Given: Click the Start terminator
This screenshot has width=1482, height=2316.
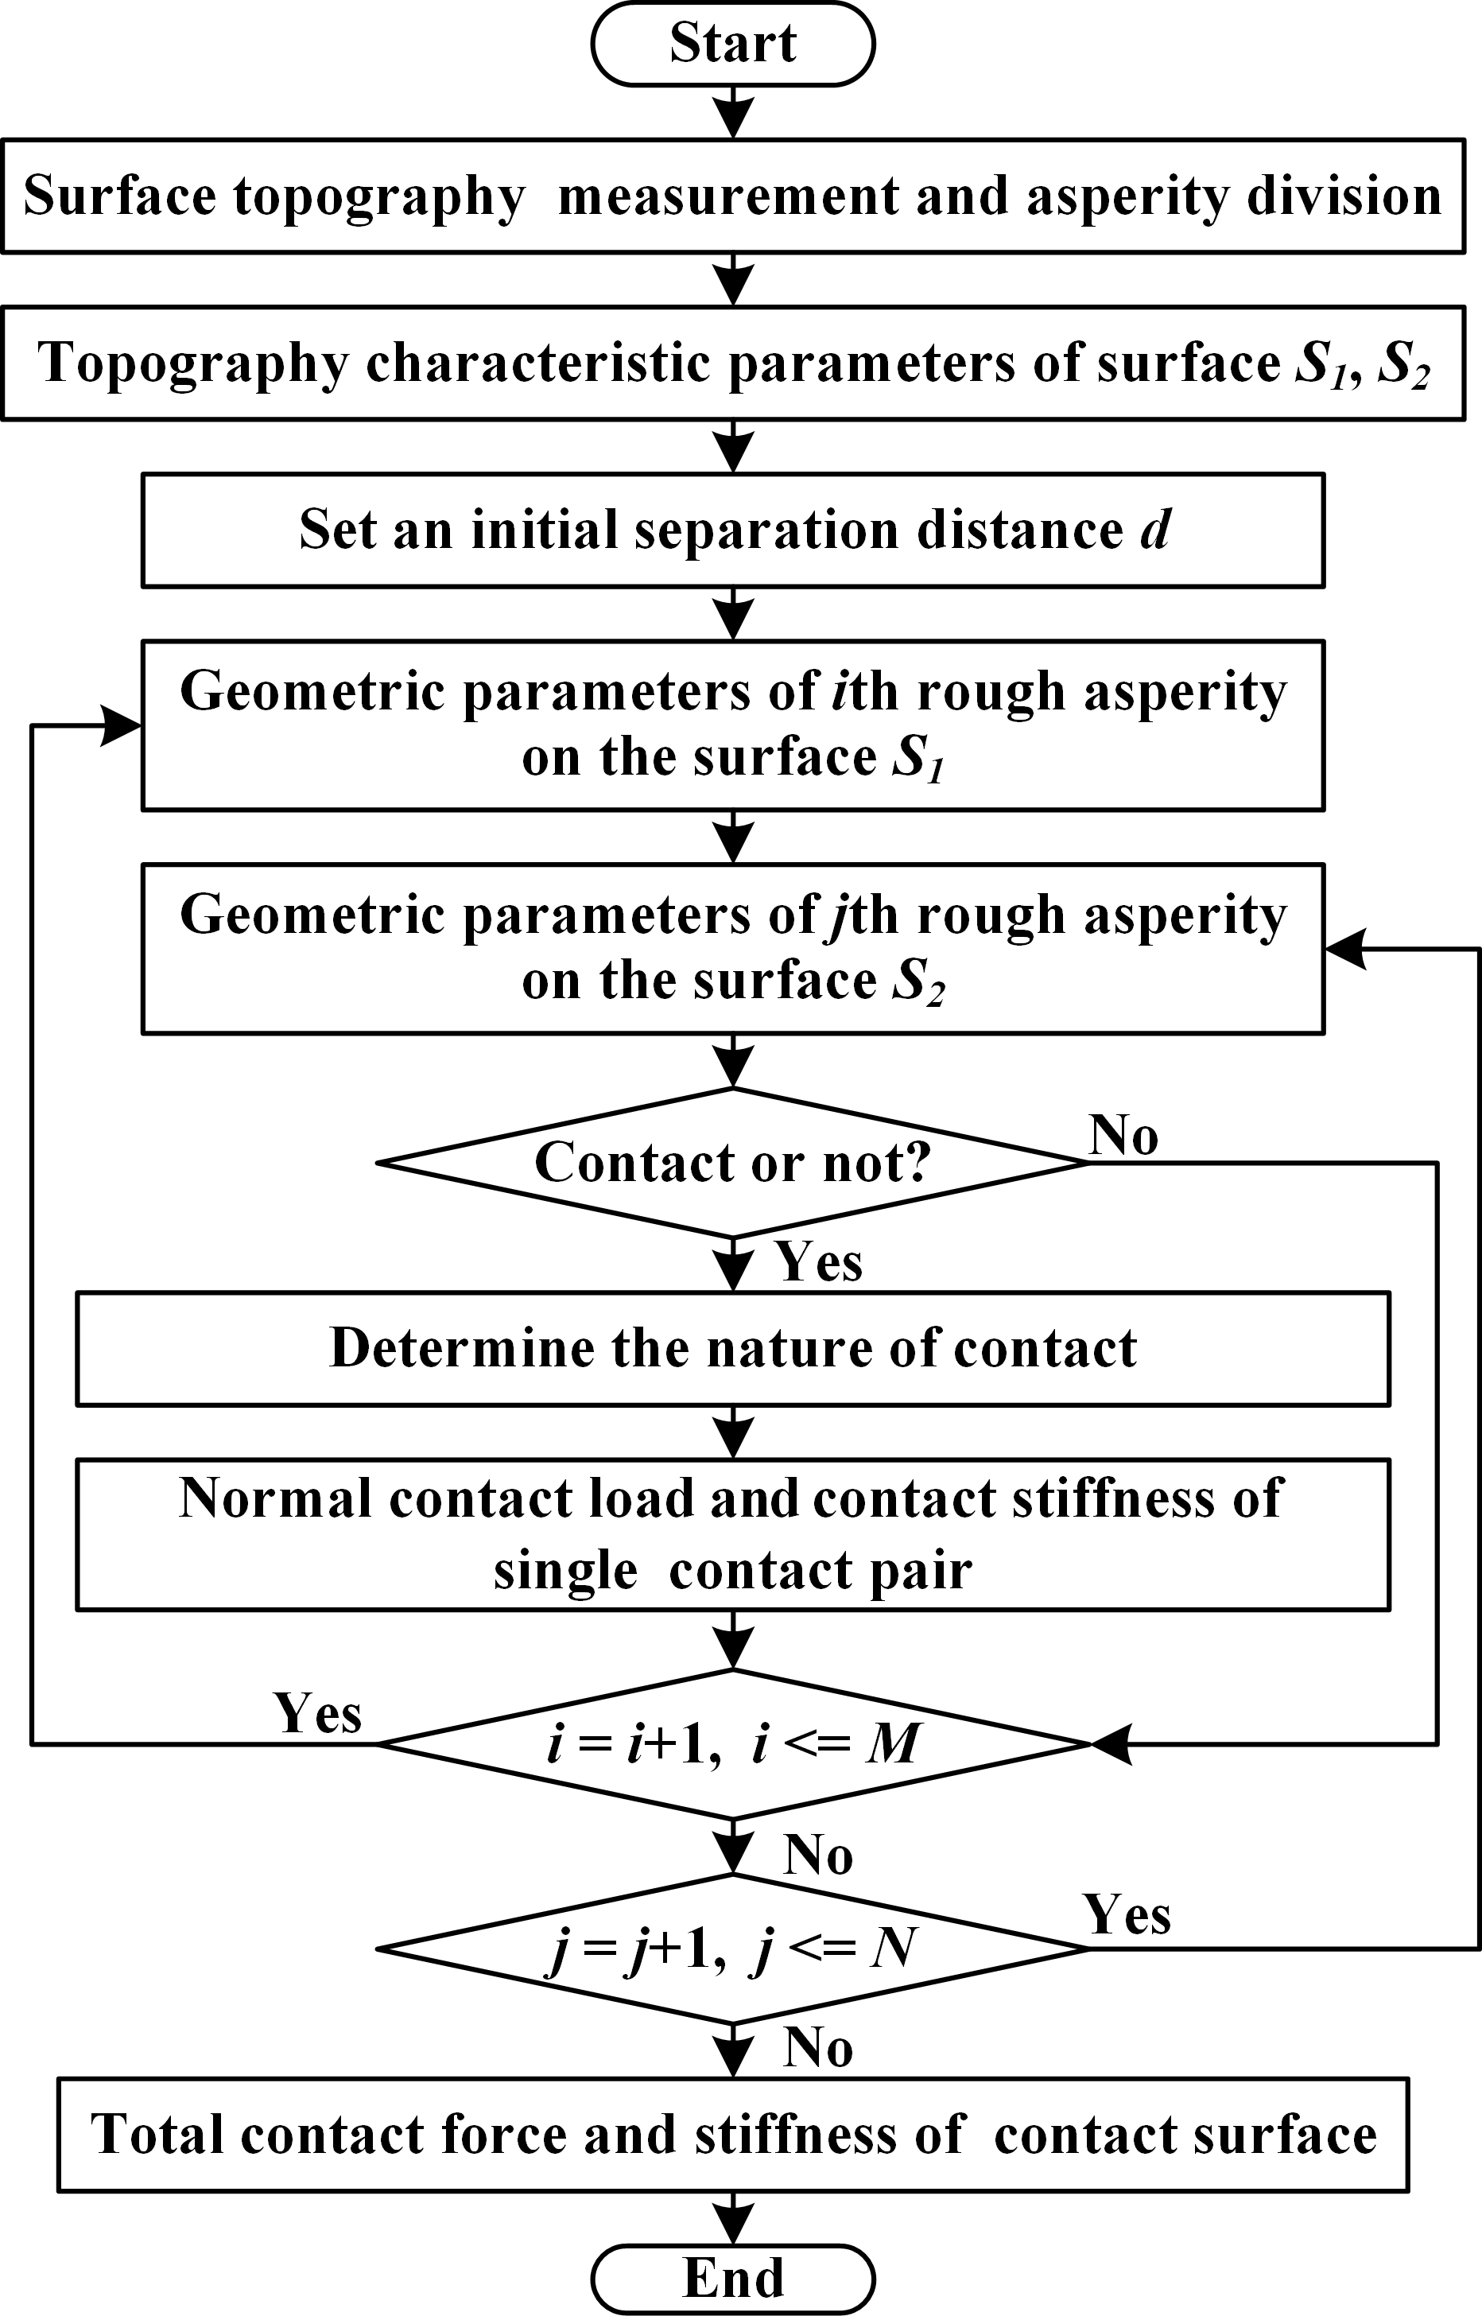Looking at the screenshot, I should point(732,45).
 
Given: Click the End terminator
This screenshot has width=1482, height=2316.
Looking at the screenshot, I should point(732,2279).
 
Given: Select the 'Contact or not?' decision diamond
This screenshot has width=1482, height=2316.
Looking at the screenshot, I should point(732,1163).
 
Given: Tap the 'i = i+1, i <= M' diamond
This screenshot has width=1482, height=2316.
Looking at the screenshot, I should point(732,1744).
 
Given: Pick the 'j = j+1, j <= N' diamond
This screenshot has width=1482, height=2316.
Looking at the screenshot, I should point(732,1949).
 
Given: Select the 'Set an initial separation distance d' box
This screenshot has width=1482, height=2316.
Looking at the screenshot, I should point(732,530).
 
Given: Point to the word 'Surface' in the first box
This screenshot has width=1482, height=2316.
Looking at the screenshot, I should point(119,196).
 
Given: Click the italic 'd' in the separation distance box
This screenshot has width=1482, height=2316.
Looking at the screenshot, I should point(1154,530).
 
